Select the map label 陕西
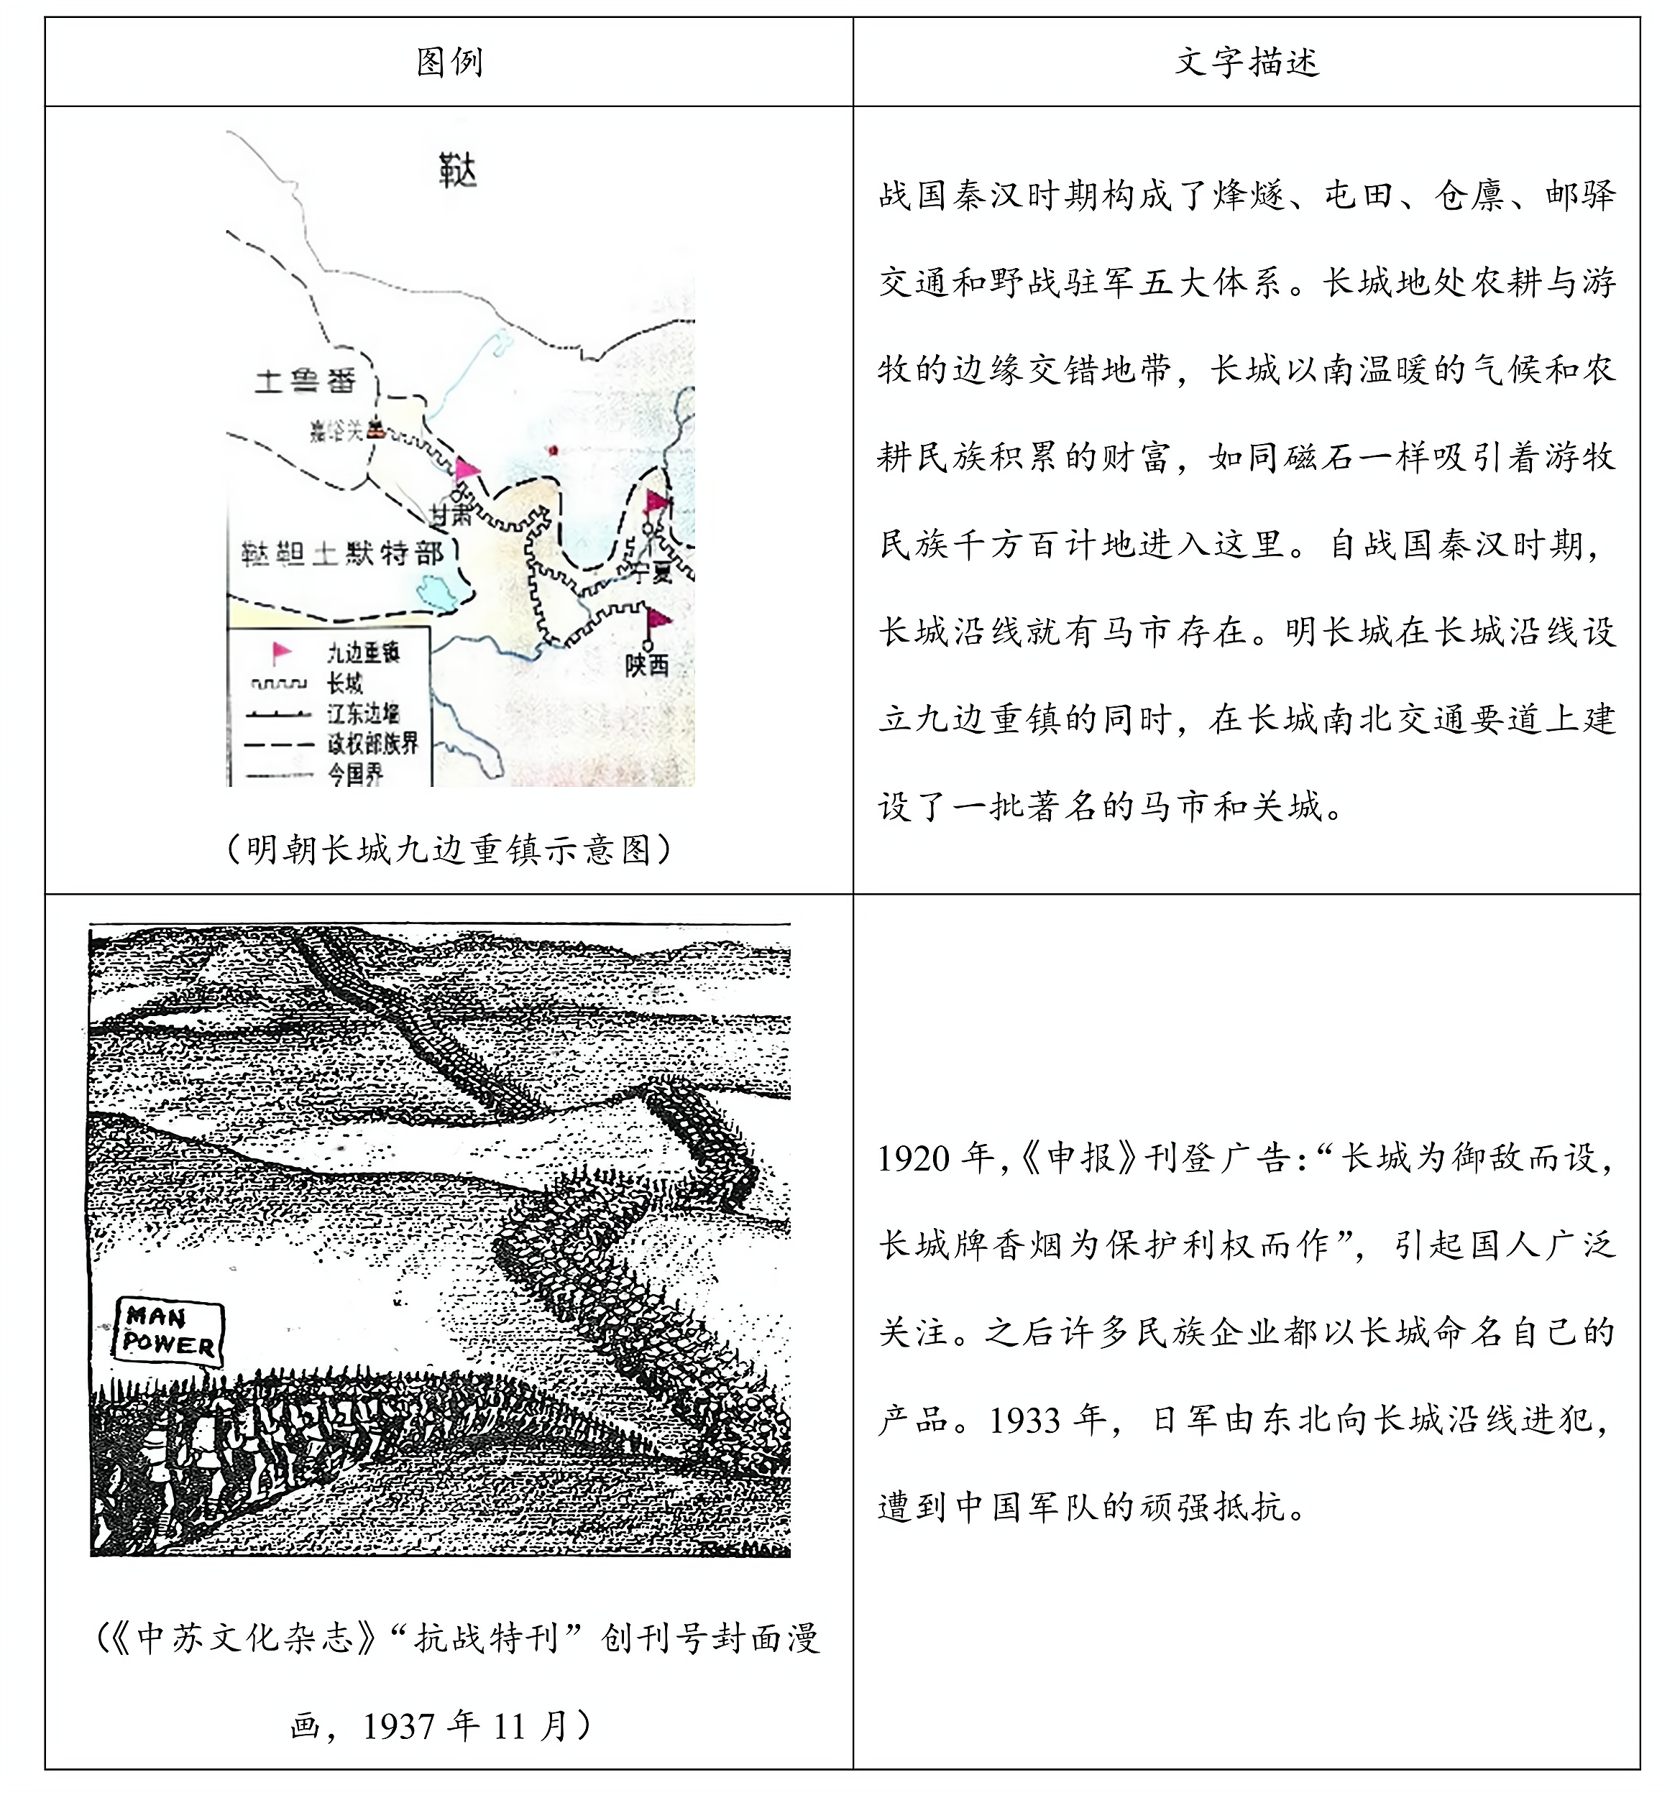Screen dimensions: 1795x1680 pyautogui.click(x=647, y=665)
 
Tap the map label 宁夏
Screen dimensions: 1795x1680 pyautogui.click(x=651, y=571)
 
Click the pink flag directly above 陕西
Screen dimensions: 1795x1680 pyautogui.click(x=658, y=619)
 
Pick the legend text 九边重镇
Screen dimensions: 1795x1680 pyautogui.click(x=363, y=652)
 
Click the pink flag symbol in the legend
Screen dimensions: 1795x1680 pyautogui.click(x=282, y=652)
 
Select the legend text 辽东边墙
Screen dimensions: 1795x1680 pyautogui.click(x=363, y=714)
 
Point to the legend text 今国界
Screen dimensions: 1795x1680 pyautogui.click(x=355, y=774)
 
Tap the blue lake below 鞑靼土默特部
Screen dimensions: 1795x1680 pyautogui.click(x=440, y=591)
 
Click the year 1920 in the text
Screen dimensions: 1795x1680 pyautogui.click(x=914, y=1159)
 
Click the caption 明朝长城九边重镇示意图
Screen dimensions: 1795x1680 pyautogui.click(x=449, y=849)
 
